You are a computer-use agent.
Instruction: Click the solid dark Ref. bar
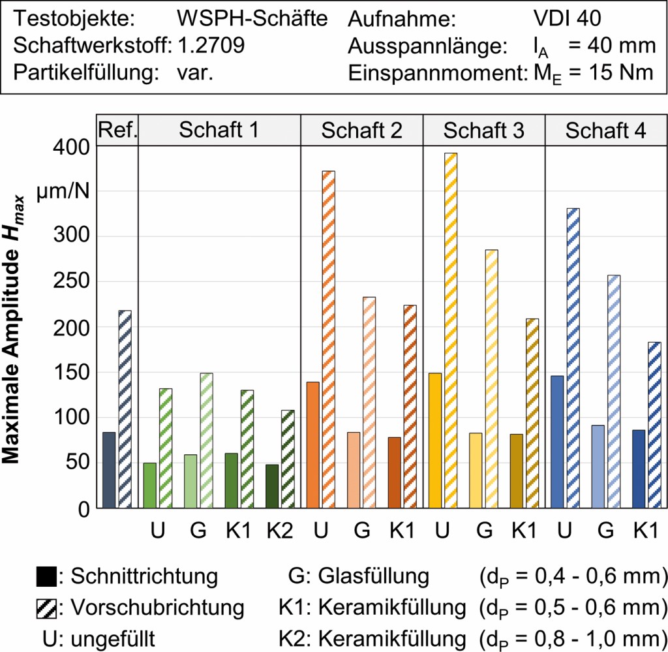[109, 470]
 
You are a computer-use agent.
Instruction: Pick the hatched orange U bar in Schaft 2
[329, 339]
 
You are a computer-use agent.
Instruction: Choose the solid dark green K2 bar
[272, 486]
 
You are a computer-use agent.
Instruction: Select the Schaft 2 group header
[361, 131]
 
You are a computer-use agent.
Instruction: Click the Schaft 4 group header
[605, 131]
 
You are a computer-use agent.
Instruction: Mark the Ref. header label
[117, 131]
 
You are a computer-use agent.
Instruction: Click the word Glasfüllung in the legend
[373, 577]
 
